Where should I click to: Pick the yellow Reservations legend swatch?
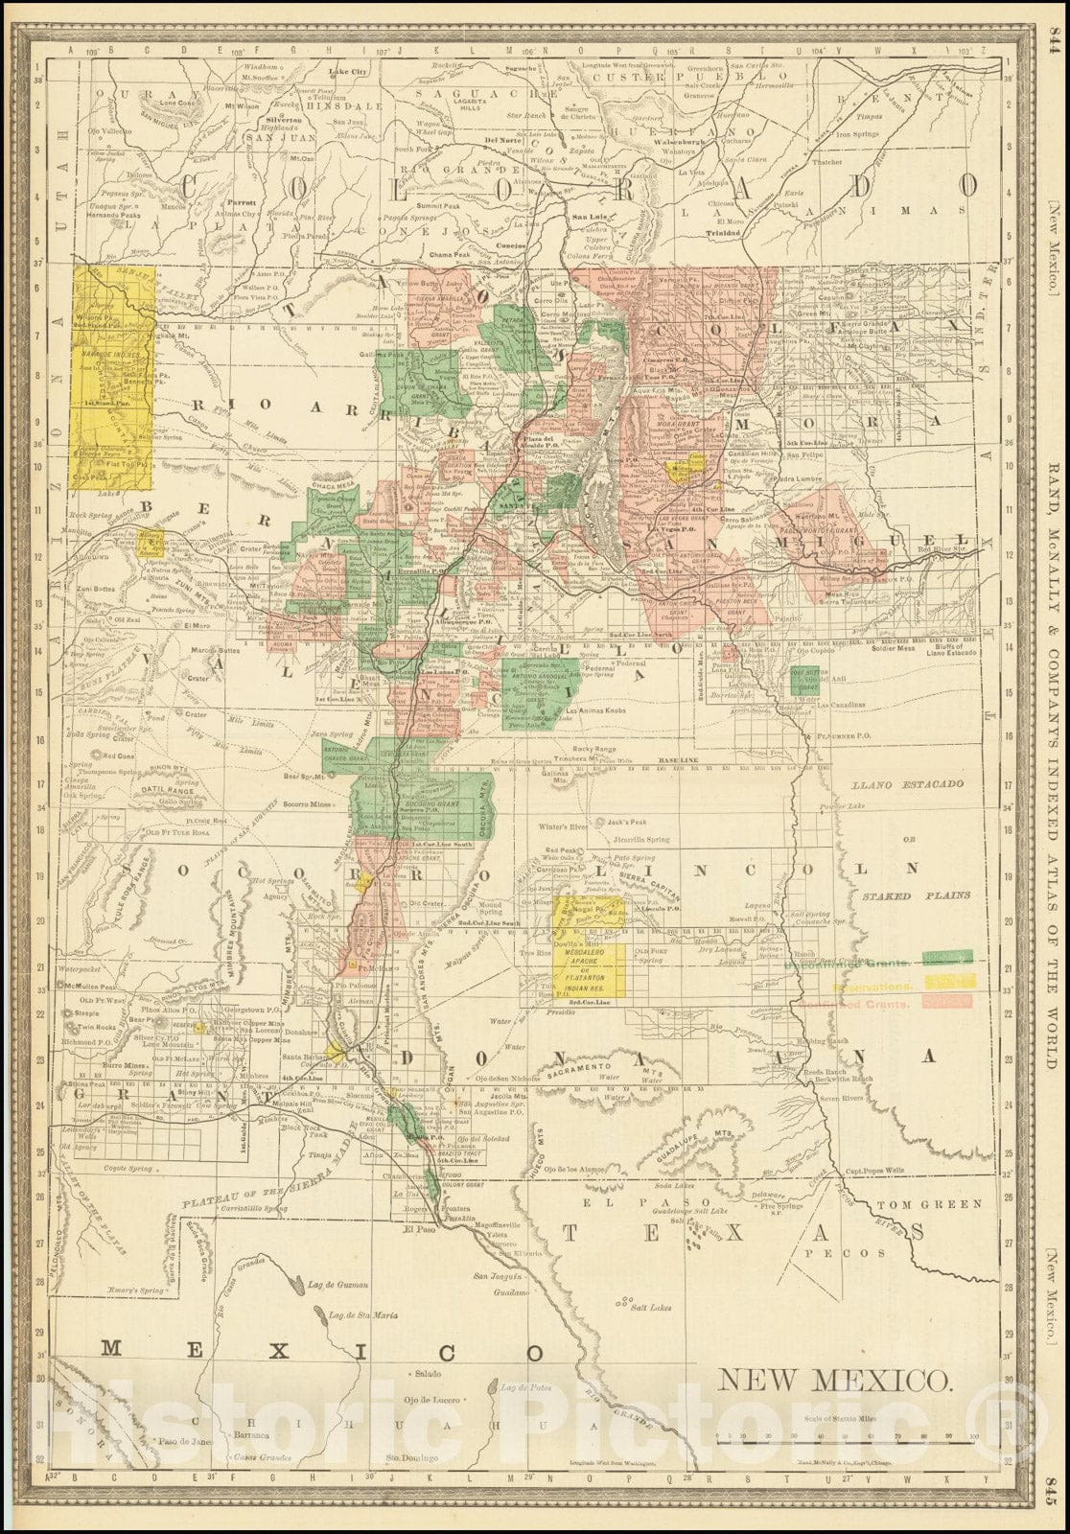coord(949,980)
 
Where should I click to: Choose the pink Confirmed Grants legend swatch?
coord(948,1001)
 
